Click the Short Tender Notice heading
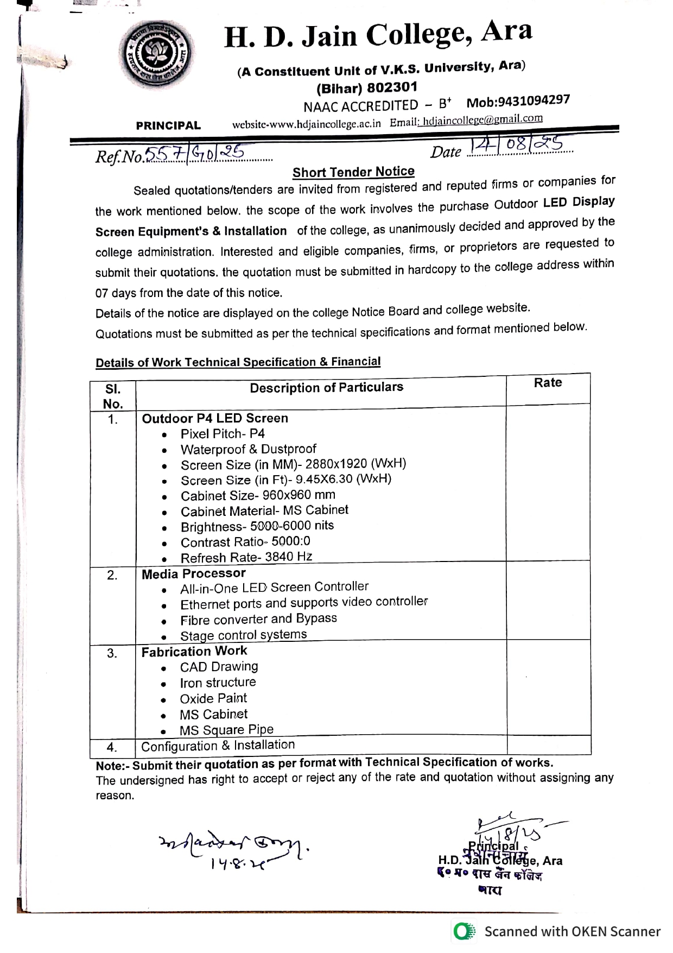click(353, 172)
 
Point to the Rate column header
click(548, 383)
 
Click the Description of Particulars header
click(326, 387)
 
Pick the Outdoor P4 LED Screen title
click(215, 418)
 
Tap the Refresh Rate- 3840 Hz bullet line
click(246, 557)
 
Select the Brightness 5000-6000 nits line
click(257, 526)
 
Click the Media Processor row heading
click(193, 573)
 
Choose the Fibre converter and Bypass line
click(258, 619)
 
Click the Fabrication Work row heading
click(194, 651)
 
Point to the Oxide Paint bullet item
click(213, 698)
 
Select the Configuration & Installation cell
click(218, 746)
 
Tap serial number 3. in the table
click(112, 653)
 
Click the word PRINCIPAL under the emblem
click(168, 125)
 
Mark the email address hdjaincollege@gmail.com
click(482, 119)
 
